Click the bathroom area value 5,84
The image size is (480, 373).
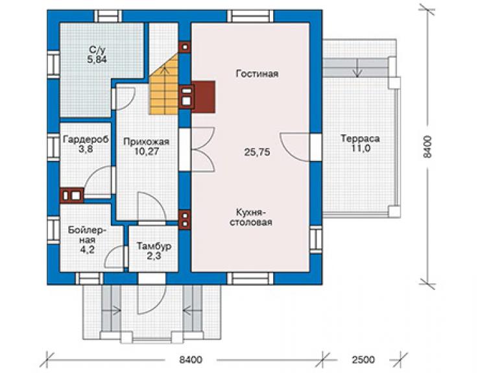pyautogui.click(x=97, y=60)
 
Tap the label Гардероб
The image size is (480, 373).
pyautogui.click(x=86, y=139)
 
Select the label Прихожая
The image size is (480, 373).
pyautogui.click(x=147, y=142)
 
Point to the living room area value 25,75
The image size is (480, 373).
pyautogui.click(x=257, y=152)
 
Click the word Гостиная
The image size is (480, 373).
pyautogui.click(x=257, y=74)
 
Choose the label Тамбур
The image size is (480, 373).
pyautogui.click(x=154, y=247)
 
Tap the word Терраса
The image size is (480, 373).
pyautogui.click(x=360, y=139)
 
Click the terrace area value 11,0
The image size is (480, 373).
pyautogui.click(x=360, y=149)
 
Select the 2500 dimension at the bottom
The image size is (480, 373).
pyautogui.click(x=363, y=359)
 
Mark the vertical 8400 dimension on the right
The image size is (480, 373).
pyautogui.click(x=427, y=147)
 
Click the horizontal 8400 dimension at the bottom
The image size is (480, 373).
pyautogui.click(x=191, y=359)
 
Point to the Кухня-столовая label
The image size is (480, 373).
pyautogui.click(x=251, y=217)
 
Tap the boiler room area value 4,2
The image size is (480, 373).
pyautogui.click(x=88, y=250)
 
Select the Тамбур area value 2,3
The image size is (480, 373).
pyautogui.click(x=154, y=256)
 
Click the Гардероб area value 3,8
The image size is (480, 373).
pyautogui.click(x=86, y=149)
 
